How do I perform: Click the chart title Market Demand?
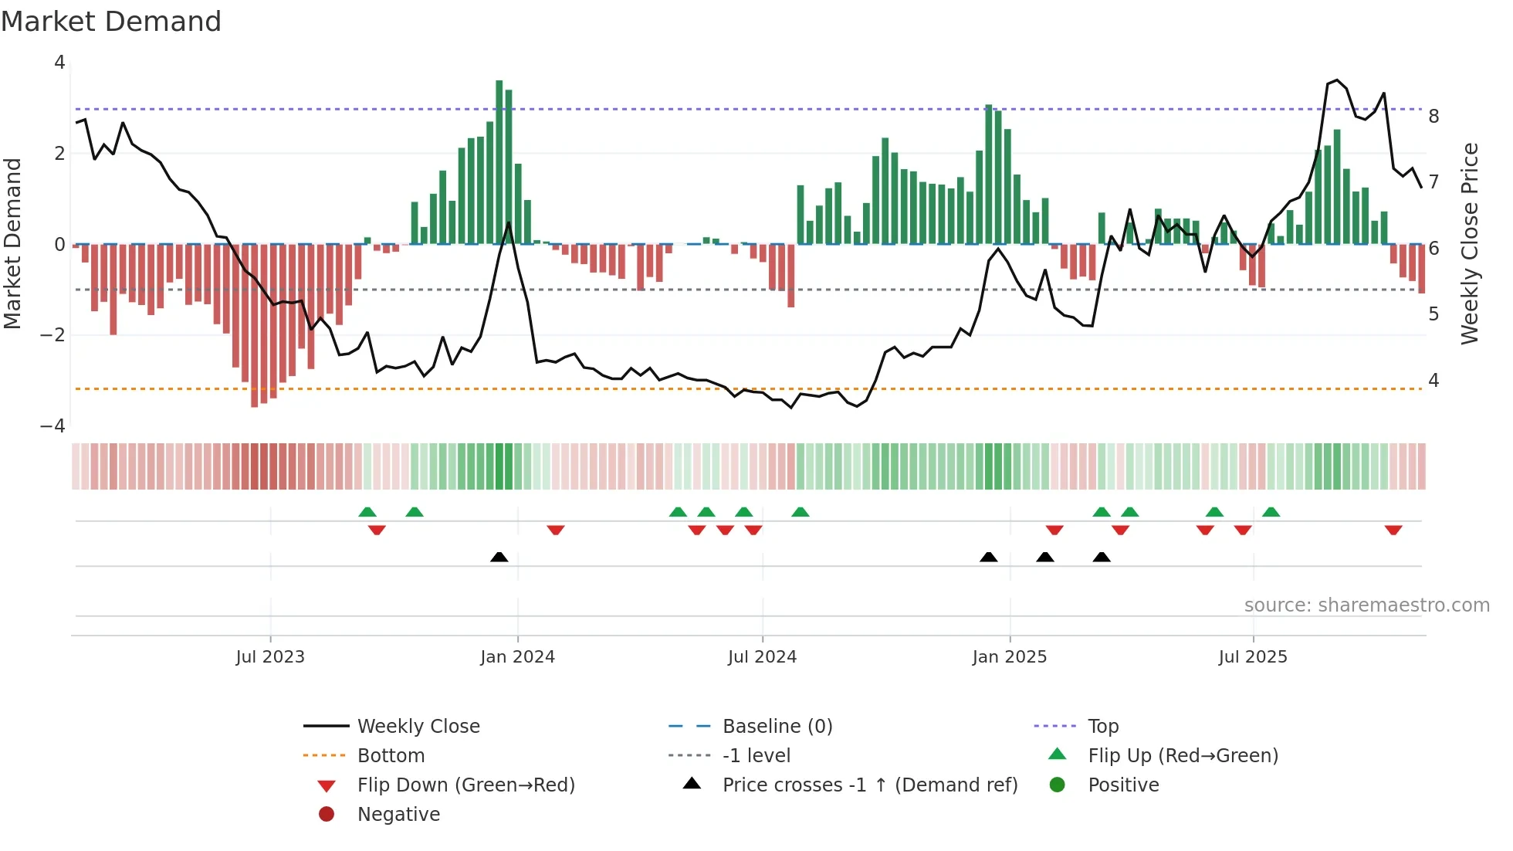point(111,22)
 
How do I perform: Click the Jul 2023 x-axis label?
point(270,657)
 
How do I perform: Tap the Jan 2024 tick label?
point(517,657)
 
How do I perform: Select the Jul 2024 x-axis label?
point(762,657)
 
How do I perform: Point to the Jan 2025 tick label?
point(1009,657)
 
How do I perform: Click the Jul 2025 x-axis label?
point(1253,657)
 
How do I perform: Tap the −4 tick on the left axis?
point(52,426)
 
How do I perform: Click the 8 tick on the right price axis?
point(1433,117)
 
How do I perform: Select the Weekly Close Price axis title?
point(1470,243)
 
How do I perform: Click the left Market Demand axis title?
point(12,243)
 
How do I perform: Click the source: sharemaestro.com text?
point(1366,605)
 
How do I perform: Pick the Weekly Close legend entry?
point(418,727)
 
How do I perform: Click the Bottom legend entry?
point(391,756)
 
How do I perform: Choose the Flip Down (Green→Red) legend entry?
point(465,785)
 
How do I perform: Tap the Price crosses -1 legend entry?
point(869,785)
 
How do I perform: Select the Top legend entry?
point(1103,727)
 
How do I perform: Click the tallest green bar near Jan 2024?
point(499,162)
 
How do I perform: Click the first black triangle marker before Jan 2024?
point(499,557)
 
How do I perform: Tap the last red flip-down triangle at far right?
point(1393,530)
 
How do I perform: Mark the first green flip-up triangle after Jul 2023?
point(367,512)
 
